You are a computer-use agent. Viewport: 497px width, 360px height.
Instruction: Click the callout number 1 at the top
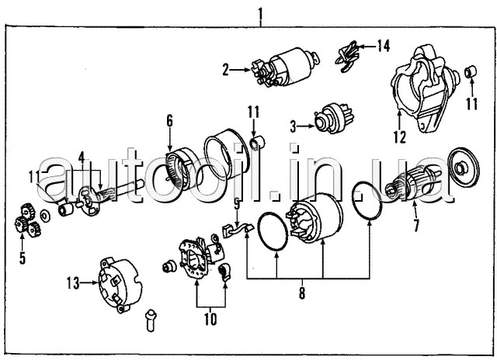260,13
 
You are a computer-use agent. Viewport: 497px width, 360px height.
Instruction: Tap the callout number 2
225,70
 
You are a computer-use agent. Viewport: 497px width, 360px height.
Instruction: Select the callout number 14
383,47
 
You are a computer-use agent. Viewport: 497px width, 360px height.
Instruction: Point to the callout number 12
399,137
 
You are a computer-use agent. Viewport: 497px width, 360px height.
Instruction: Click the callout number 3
294,126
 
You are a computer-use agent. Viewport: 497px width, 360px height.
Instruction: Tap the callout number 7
416,225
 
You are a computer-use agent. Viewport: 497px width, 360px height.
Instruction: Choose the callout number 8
302,293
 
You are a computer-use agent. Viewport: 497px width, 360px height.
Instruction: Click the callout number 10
210,319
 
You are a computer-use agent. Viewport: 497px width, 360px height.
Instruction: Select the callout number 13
73,283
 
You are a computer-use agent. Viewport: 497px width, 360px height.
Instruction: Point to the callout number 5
23,258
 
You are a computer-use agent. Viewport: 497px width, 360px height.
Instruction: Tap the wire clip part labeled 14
347,57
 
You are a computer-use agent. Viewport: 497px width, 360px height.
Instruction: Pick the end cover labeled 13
120,285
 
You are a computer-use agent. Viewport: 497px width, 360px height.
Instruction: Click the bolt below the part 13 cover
151,320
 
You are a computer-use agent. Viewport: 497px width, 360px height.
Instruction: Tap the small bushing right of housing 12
471,71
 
